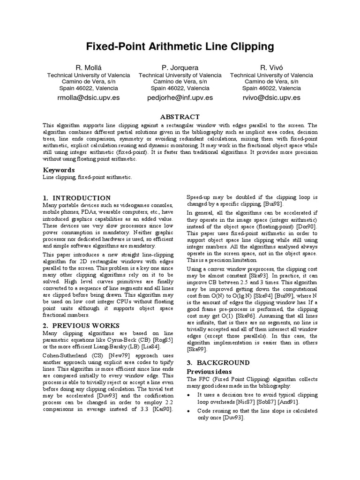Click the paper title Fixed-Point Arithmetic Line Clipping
[x=180, y=46]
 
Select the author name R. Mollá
[x=89, y=68]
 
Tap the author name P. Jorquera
[x=180, y=68]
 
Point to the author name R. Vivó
[x=272, y=68]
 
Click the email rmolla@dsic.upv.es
[x=89, y=97]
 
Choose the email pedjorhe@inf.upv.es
[x=180, y=97]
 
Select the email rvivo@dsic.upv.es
[x=272, y=97]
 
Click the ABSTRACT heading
[x=180, y=117]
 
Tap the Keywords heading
[x=59, y=170]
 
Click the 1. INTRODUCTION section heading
[x=77, y=198]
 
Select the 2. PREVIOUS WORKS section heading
[x=81, y=325]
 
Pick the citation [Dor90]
[x=307, y=227]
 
